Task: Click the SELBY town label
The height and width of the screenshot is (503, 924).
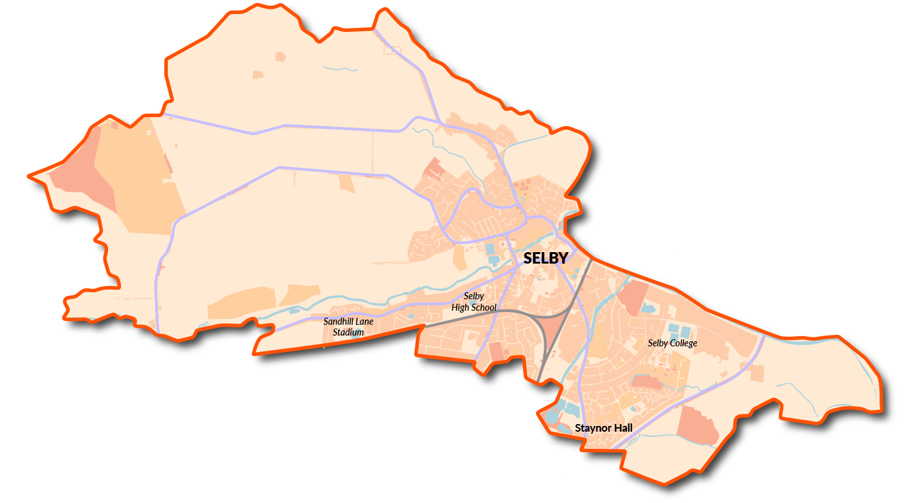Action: tap(545, 258)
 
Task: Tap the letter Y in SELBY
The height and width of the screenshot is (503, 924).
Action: tap(562, 258)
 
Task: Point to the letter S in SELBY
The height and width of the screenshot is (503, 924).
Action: tap(528, 258)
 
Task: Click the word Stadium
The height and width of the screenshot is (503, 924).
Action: tap(348, 332)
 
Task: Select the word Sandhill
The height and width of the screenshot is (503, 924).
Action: tap(340, 322)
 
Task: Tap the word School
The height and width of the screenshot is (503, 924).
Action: tap(484, 308)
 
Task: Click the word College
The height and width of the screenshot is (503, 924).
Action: tap(683, 343)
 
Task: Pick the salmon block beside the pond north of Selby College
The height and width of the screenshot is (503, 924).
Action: tap(632, 297)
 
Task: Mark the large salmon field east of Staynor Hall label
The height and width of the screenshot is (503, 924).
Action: tap(696, 425)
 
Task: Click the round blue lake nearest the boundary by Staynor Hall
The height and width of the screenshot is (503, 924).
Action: tap(550, 417)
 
